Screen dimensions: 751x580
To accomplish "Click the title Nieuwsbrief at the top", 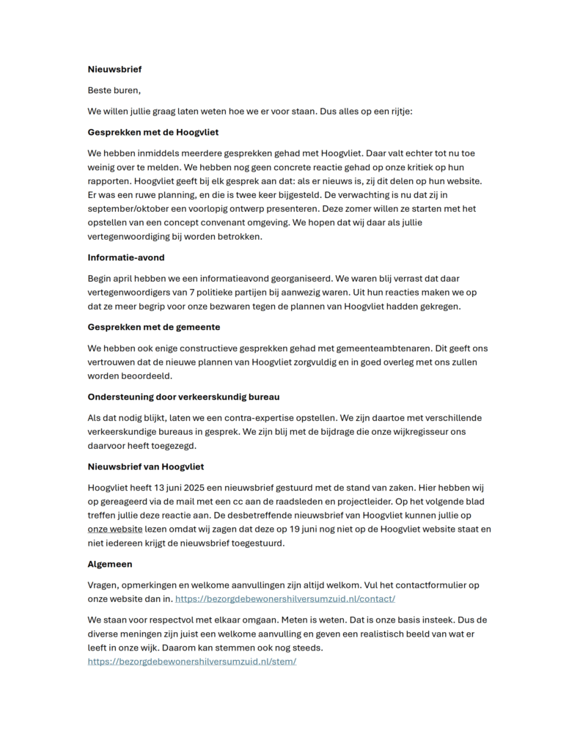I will [x=114, y=70].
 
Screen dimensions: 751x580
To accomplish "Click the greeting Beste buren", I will [x=114, y=90].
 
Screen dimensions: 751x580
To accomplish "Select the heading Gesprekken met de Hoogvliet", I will [x=153, y=132].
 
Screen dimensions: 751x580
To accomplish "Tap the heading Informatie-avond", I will [x=126, y=257].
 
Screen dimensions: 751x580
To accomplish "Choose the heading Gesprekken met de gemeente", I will [x=154, y=327].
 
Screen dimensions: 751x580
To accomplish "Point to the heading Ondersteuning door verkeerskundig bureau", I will [x=183, y=397].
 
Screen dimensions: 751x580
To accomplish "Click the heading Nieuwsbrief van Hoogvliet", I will [x=146, y=466].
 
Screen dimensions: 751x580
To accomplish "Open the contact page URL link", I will [x=285, y=599].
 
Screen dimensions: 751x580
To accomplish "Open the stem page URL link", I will [x=192, y=662].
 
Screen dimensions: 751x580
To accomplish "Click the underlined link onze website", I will [x=115, y=529].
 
